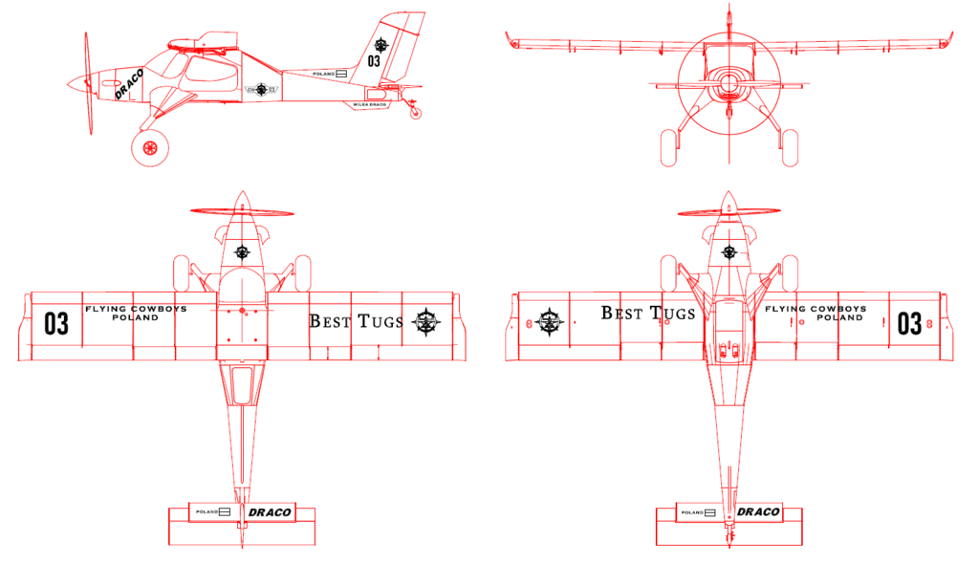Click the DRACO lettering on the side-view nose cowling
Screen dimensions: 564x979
click(128, 83)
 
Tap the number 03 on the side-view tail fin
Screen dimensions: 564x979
click(374, 61)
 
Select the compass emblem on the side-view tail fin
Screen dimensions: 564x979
click(381, 44)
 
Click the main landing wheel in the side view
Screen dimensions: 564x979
click(150, 147)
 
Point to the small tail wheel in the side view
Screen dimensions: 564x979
click(415, 113)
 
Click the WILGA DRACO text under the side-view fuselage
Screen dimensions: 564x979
click(368, 104)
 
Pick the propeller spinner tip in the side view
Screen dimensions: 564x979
click(70, 83)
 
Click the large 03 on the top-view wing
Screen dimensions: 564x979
click(56, 323)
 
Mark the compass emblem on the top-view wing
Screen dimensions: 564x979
click(426, 323)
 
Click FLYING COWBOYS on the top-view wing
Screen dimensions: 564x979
click(136, 310)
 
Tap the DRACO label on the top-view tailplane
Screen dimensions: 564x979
click(269, 512)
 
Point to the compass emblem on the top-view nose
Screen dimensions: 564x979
click(242, 252)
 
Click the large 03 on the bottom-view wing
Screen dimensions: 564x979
click(909, 323)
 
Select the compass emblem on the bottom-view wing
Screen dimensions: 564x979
click(552, 322)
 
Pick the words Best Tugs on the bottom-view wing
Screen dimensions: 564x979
click(647, 314)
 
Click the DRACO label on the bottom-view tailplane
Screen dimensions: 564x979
click(756, 512)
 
